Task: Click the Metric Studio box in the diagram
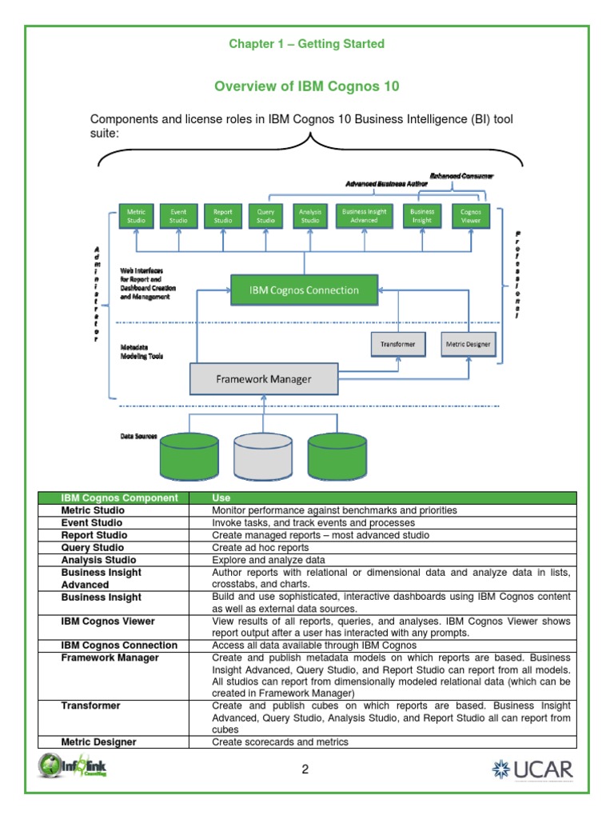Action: click(x=136, y=216)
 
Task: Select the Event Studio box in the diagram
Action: click(x=179, y=216)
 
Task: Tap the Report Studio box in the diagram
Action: click(x=223, y=216)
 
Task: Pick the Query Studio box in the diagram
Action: click(x=266, y=216)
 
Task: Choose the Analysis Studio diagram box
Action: click(x=309, y=216)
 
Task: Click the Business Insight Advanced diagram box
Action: click(x=364, y=216)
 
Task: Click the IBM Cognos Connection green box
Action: click(x=305, y=290)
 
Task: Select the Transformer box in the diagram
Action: click(x=397, y=344)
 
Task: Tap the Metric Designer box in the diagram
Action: click(x=469, y=344)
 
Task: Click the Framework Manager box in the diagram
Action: click(x=263, y=379)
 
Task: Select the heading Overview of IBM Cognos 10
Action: click(x=306, y=86)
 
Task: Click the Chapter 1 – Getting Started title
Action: click(x=306, y=44)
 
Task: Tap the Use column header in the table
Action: click(x=221, y=497)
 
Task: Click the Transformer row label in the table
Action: click(x=91, y=705)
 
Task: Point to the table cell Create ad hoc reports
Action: click(x=260, y=547)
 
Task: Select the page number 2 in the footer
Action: click(x=305, y=770)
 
